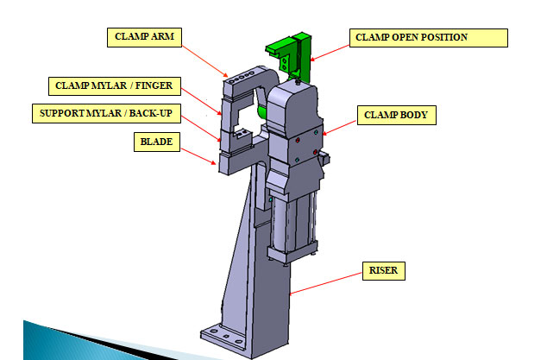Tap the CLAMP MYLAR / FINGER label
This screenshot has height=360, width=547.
coord(114,85)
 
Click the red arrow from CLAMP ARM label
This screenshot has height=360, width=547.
coord(209,60)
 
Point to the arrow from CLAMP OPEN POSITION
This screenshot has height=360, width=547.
coord(330,48)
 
